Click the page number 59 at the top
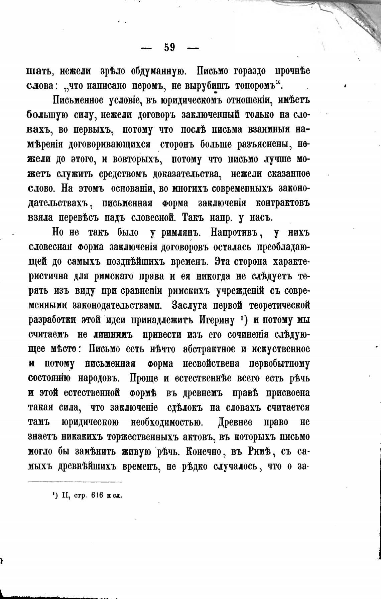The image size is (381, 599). [170, 48]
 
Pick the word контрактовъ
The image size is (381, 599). [283, 203]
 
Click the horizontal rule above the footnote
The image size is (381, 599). [75, 482]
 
